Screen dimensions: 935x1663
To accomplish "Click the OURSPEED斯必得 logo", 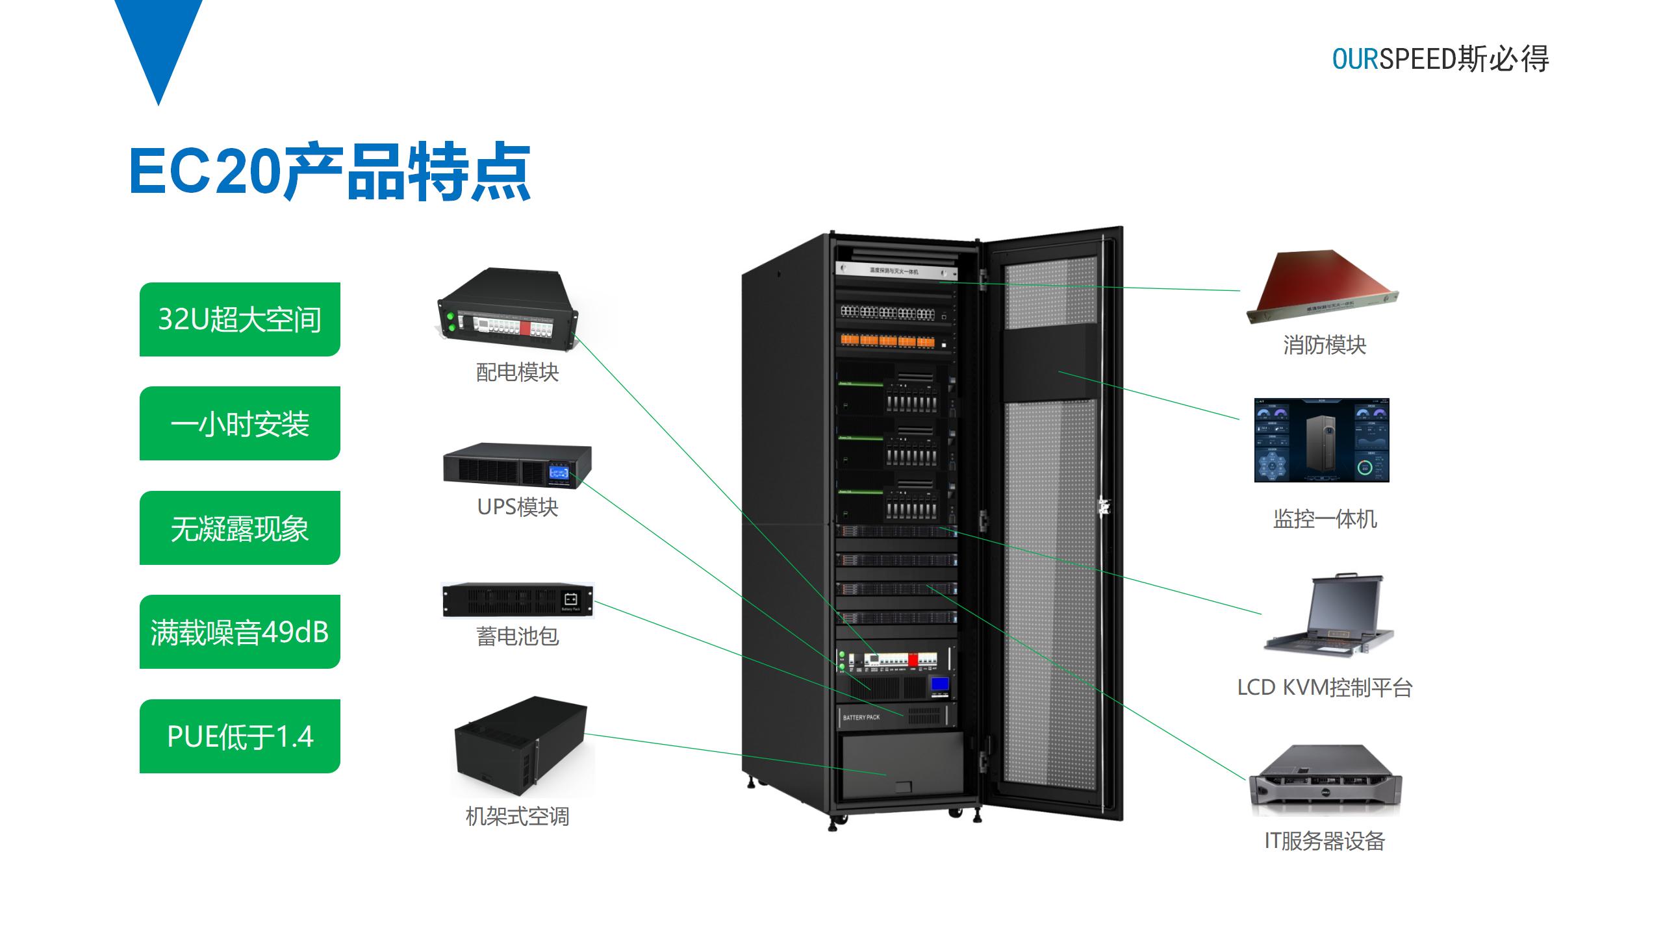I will [1440, 59].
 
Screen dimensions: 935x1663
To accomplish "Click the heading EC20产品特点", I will [330, 171].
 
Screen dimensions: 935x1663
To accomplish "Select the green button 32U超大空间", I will [240, 319].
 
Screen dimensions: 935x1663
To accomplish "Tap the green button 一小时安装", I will [240, 424].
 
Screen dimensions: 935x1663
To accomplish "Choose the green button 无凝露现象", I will [240, 528].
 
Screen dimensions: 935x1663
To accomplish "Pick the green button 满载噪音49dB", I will [240, 632].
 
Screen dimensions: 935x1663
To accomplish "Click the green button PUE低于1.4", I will [240, 736].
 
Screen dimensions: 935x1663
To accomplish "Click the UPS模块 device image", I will [517, 465].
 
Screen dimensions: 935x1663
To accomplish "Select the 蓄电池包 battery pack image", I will [517, 600].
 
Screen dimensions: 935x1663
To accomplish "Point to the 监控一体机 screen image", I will [1321, 440].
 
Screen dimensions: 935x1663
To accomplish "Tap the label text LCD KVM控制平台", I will [1325, 688].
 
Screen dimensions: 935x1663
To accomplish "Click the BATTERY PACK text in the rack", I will [861, 717].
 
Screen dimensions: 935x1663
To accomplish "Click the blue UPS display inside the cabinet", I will [939, 684].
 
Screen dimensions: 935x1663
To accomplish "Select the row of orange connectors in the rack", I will [887, 340].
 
